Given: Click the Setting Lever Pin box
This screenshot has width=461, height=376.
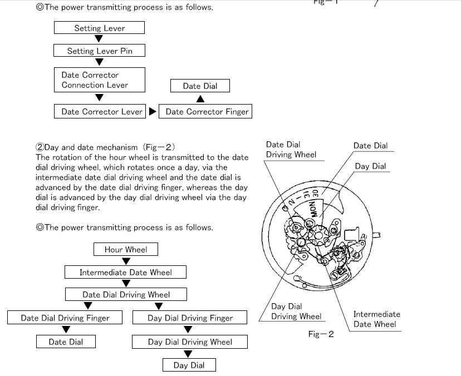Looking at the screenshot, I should [x=99, y=51].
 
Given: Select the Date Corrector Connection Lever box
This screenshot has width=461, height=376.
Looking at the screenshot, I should [x=99, y=80].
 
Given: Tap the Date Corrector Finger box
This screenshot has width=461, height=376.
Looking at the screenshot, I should [x=207, y=112].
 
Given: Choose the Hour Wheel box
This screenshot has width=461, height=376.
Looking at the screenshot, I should [x=126, y=250].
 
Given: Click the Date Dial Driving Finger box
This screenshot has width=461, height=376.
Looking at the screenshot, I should [x=65, y=318].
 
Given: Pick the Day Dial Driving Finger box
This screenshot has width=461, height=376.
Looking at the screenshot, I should [x=190, y=318].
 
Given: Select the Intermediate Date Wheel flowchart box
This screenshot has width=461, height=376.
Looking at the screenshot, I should [x=126, y=273].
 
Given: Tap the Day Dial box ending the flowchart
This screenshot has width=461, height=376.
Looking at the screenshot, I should [x=189, y=365].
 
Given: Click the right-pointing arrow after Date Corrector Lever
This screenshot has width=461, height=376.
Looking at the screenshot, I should [x=153, y=112].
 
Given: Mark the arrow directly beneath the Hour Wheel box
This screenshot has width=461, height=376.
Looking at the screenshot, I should [x=126, y=261].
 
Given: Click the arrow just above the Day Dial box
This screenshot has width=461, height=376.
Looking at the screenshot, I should [x=188, y=354].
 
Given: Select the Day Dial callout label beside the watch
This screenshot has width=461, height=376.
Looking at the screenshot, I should [x=370, y=166].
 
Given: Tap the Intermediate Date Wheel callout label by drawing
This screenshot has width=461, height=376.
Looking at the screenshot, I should [x=376, y=319].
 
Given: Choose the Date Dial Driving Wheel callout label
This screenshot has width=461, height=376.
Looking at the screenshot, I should [x=291, y=150].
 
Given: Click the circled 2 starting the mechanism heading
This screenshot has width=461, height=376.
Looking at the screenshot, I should [x=40, y=147].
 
